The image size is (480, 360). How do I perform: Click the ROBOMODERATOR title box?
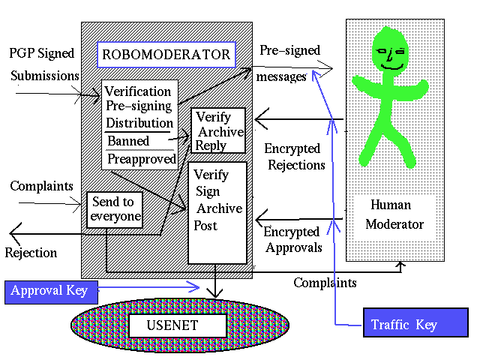click(166, 55)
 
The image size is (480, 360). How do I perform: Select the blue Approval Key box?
click(49, 291)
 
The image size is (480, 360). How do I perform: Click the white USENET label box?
click(177, 325)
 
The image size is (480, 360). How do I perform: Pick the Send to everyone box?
click(115, 209)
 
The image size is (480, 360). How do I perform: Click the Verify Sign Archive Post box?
click(217, 211)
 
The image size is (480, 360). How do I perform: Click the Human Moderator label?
click(397, 214)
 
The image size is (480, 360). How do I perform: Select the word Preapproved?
click(141, 159)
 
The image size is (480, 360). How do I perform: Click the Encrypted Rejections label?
click(295, 157)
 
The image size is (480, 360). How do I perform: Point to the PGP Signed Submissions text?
click(43, 64)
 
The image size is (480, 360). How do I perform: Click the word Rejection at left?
click(31, 253)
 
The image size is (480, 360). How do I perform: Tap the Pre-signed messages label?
click(289, 63)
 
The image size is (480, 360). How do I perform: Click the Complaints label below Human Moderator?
click(324, 283)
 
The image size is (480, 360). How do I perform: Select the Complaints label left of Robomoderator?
click(40, 185)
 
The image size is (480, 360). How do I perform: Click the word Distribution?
click(139, 123)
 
